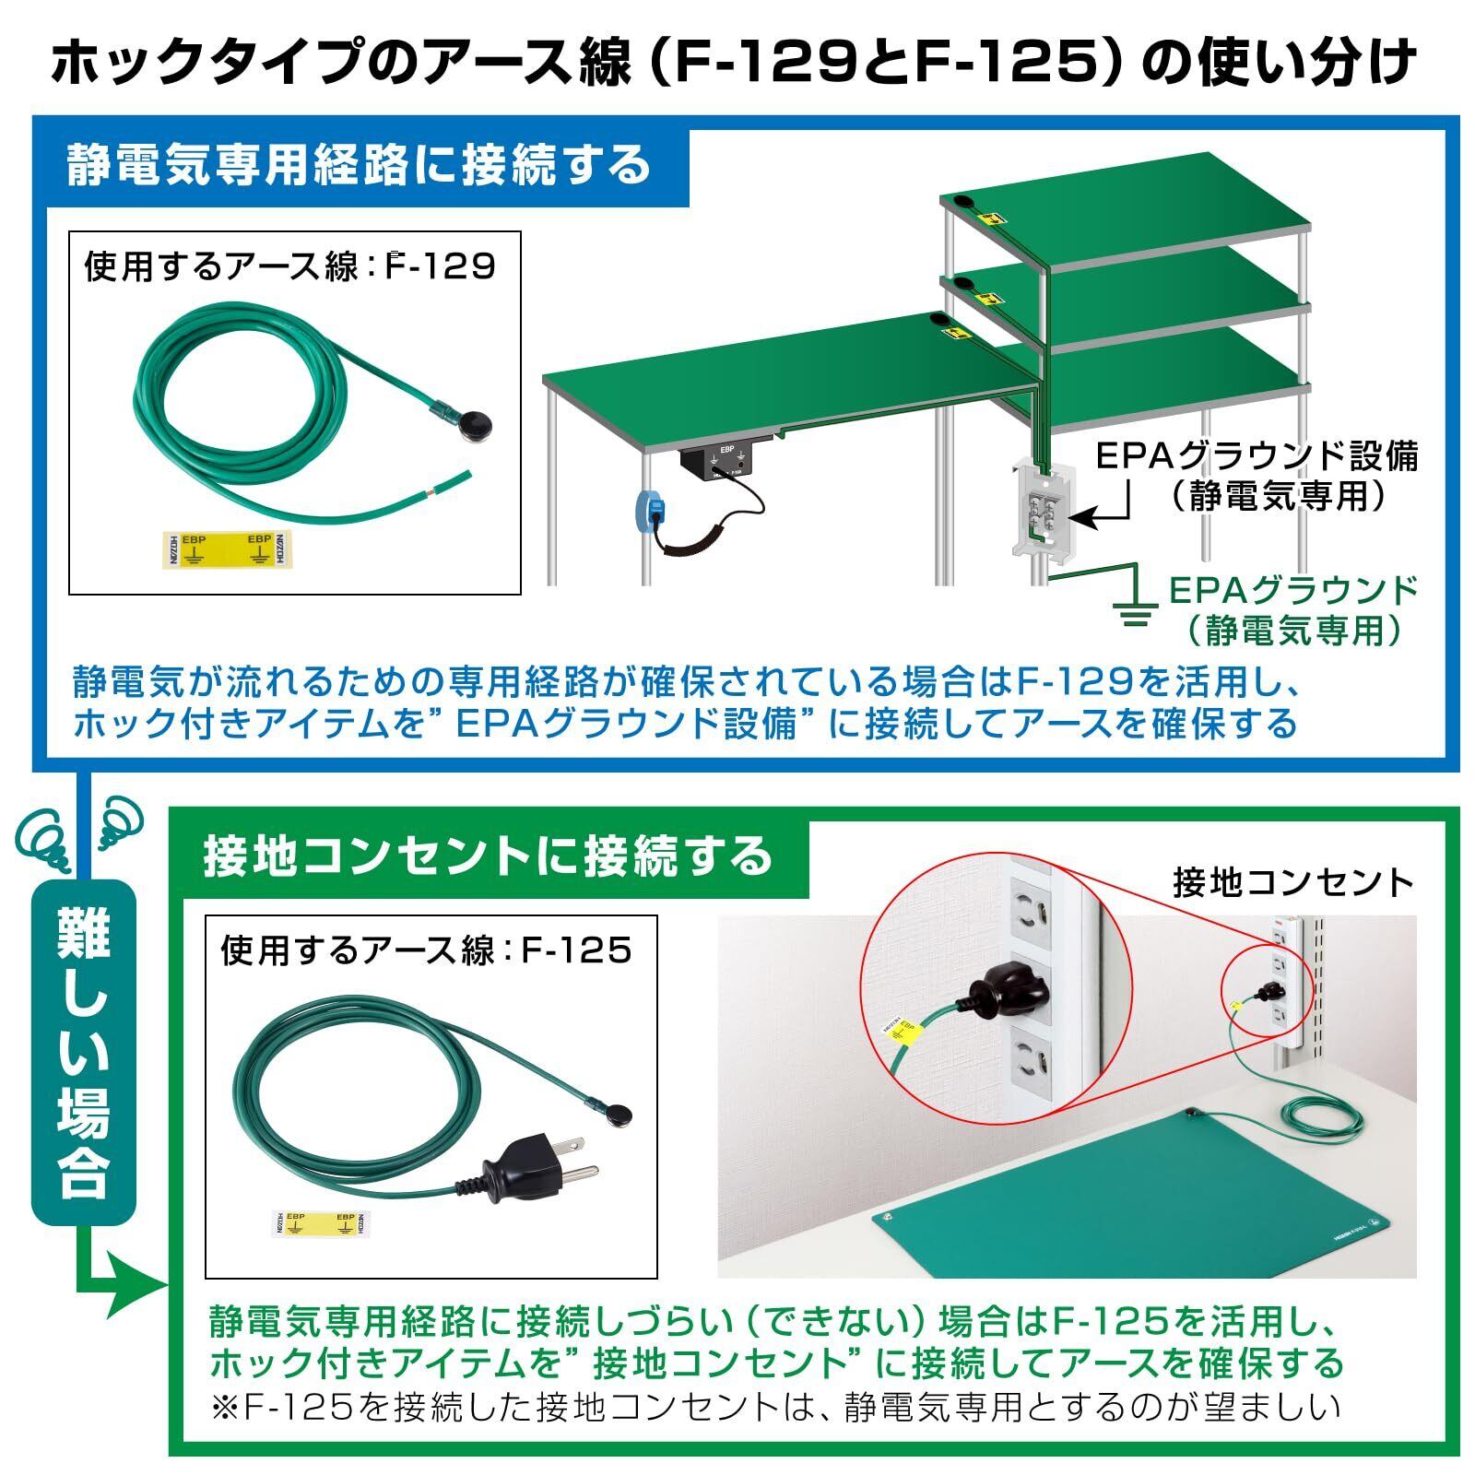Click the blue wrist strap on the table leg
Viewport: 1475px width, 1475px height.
coord(652,510)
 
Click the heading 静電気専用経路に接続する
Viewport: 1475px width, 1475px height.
coord(360,166)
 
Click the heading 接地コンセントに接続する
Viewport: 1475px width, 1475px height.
coord(488,856)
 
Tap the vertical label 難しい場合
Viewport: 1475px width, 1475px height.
coord(84,1051)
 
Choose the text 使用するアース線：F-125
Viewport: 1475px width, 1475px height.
coord(426,950)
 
